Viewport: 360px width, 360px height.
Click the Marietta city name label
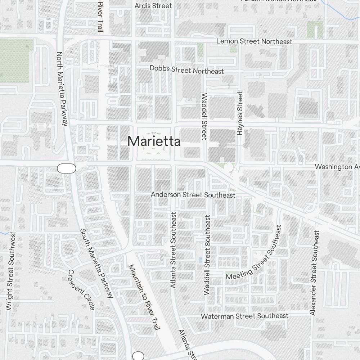point(154,141)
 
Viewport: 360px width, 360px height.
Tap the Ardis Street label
point(153,6)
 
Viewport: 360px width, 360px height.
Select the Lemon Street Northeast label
point(254,41)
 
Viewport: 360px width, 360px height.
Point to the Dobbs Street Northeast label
point(186,69)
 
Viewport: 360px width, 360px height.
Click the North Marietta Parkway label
point(62,89)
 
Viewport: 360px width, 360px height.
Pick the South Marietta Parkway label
point(96,263)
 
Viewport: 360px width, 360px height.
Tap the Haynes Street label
point(240,113)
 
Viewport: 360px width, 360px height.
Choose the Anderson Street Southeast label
point(193,195)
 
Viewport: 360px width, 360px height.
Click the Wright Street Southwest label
point(11,271)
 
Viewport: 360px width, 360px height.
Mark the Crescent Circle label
point(82,289)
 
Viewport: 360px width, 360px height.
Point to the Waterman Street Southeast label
point(244,316)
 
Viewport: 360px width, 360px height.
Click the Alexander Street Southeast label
point(314,273)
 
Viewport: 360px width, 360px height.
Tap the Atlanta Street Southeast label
point(174,250)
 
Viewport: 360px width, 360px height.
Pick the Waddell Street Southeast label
point(207,255)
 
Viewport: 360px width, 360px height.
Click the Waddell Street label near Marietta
point(204,116)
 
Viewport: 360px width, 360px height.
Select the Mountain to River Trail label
point(144,297)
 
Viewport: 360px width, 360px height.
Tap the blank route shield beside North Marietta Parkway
point(67,168)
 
